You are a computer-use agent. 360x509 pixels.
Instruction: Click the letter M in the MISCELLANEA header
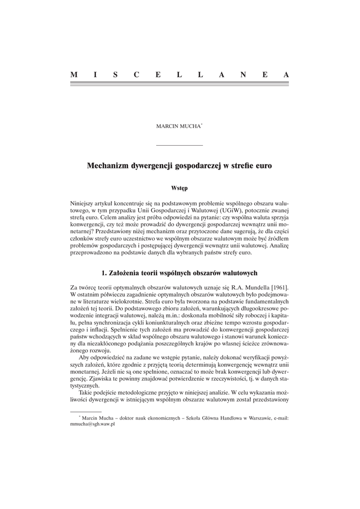[74, 75]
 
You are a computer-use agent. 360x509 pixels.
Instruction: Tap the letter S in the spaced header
[115, 75]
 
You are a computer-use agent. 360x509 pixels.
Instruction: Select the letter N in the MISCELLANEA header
[242, 75]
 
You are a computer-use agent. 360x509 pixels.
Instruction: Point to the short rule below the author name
[180, 145]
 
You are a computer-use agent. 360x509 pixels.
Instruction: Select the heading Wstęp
[180, 188]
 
